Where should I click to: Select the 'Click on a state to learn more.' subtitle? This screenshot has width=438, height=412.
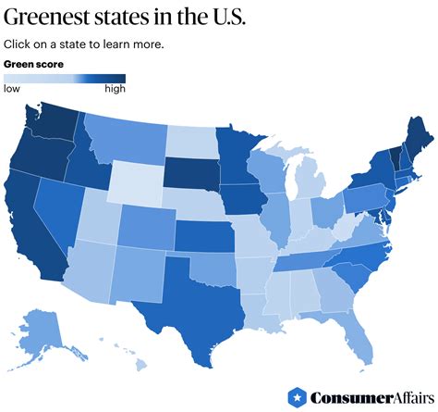83,44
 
